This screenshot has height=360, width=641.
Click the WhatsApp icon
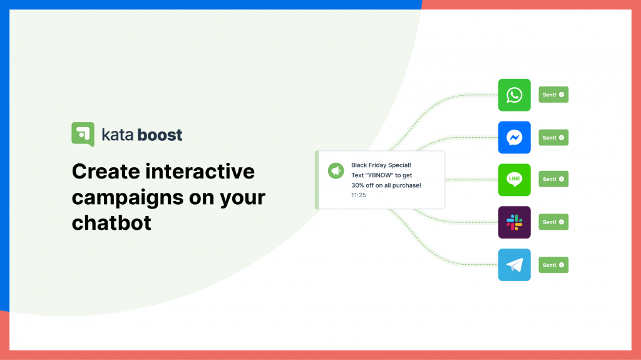[515, 95]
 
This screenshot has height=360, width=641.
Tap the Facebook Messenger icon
[515, 138]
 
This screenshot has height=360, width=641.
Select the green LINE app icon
[515, 180]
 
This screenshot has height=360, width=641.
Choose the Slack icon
[515, 222]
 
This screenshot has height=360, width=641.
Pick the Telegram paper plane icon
[515, 265]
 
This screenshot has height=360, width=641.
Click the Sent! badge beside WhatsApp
[553, 95]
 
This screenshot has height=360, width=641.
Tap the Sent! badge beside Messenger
[553, 138]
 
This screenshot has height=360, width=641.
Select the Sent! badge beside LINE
[553, 179]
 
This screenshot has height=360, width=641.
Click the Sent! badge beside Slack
[553, 222]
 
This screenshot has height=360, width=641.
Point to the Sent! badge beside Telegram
[553, 265]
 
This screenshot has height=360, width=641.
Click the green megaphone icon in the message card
[336, 170]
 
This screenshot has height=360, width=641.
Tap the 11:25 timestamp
[359, 195]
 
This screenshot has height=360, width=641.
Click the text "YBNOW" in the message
[379, 175]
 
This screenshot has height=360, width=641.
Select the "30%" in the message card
[357, 185]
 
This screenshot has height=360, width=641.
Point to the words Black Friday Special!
[381, 165]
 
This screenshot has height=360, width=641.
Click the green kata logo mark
[83, 134]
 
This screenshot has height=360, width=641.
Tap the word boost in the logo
[160, 135]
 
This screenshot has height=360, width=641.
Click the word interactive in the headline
[200, 171]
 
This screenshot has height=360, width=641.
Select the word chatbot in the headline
[111, 222]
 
